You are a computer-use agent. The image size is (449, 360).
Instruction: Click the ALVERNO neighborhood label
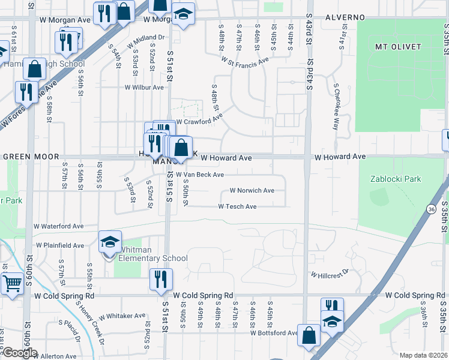[345, 17]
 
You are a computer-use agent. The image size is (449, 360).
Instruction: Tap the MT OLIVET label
[396, 46]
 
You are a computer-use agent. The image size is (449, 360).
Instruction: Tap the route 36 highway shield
[431, 209]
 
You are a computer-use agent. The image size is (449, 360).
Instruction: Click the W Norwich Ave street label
[252, 191]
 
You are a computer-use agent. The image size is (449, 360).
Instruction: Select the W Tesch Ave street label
[237, 206]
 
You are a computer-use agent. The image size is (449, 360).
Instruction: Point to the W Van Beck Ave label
[199, 175]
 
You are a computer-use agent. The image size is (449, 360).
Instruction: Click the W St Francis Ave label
[243, 61]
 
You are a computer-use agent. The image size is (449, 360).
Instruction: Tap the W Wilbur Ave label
[144, 87]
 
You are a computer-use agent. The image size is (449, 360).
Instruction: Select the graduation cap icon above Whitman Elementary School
[110, 241]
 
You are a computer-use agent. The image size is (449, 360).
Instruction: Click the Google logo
[20, 353]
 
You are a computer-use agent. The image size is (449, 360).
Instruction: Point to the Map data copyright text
[424, 355]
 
